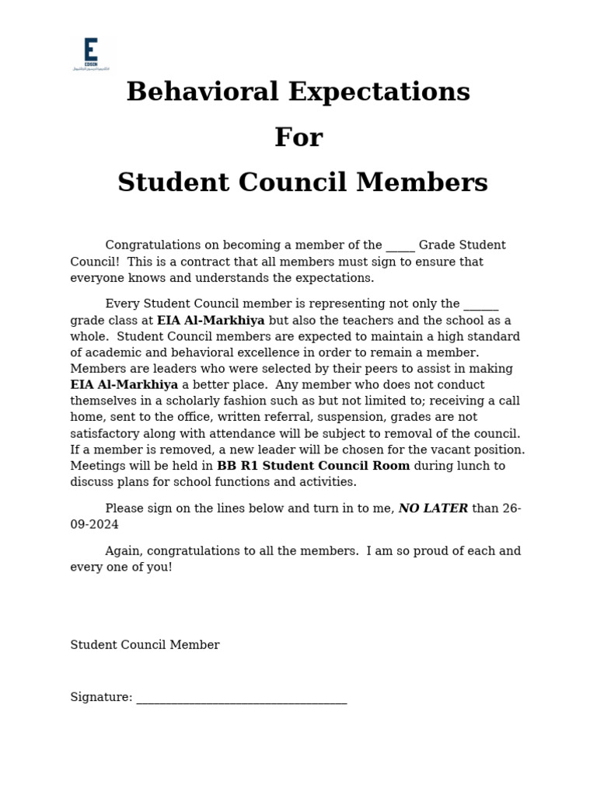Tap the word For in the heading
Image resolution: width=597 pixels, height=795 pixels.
[x=298, y=137]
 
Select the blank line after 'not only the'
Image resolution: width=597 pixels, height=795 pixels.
[x=480, y=305]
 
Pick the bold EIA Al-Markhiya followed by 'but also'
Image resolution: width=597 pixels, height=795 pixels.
[x=211, y=321]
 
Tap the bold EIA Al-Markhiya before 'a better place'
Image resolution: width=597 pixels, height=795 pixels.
[x=124, y=385]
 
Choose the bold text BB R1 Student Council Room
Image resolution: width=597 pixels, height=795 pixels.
[x=313, y=467]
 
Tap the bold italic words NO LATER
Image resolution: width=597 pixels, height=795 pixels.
[x=433, y=509]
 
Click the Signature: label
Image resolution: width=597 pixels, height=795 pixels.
[x=101, y=698]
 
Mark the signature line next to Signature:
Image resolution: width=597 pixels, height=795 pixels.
[x=242, y=700]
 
